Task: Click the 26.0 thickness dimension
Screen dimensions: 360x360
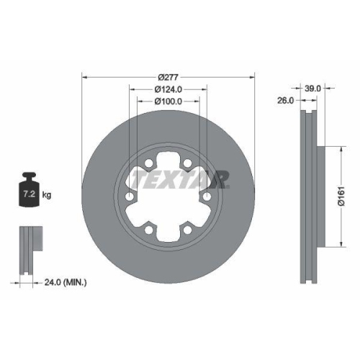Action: tap(285, 102)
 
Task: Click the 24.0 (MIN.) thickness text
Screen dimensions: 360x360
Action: tap(64, 283)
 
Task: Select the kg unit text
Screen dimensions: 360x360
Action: tap(47, 195)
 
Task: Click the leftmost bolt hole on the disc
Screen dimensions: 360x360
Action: tap(130, 197)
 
